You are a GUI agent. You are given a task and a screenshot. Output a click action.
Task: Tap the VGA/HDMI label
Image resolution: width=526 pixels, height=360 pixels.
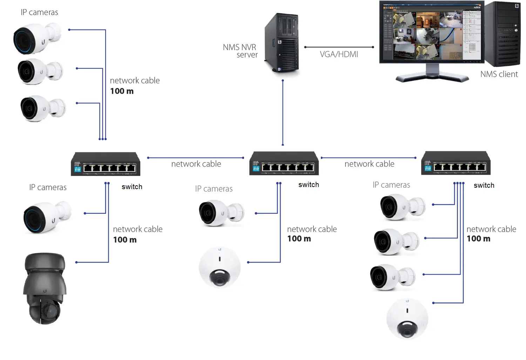(339, 54)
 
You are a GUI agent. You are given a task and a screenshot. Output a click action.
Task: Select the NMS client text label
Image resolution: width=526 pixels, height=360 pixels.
(499, 74)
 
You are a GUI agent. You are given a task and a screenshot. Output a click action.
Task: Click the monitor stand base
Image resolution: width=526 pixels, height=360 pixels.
(432, 78)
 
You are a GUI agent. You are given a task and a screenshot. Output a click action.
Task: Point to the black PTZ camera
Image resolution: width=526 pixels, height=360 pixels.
(45, 288)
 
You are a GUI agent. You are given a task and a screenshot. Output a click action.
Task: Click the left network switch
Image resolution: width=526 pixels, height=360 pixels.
(106, 164)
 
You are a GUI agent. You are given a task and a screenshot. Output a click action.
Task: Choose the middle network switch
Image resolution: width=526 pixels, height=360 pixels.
(284, 164)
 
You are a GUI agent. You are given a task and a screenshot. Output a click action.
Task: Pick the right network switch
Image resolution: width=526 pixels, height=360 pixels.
(456, 163)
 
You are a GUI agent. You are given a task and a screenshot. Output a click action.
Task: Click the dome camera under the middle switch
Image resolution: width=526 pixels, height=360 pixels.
(220, 267)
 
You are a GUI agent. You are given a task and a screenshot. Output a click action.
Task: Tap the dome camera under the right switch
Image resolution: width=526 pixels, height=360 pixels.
(407, 319)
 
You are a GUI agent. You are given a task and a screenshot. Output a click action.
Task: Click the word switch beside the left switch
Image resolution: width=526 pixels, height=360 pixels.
(132, 187)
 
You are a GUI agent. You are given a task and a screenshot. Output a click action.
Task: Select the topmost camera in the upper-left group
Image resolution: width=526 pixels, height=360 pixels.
(36, 39)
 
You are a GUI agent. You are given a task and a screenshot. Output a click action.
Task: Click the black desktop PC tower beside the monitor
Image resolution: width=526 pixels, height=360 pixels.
(503, 34)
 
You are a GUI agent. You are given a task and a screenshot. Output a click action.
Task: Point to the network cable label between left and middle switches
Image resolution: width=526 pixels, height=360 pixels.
(196, 164)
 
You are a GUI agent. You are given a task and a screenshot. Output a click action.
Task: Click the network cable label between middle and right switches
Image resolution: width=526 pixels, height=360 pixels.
(369, 164)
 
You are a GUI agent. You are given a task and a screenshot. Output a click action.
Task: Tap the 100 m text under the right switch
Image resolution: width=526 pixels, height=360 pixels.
(478, 239)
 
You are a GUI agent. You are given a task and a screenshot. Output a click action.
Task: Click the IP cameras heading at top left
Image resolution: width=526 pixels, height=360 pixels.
(39, 12)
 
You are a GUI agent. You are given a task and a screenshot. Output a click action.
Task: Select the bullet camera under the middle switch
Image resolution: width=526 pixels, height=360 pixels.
(221, 213)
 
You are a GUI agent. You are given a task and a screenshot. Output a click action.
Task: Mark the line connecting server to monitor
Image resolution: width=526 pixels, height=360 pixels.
(339, 47)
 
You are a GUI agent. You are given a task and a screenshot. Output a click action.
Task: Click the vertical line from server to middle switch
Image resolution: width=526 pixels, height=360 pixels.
(283, 112)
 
